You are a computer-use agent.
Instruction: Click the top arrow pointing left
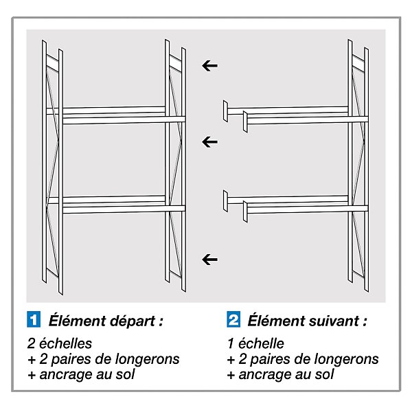coord(209,66)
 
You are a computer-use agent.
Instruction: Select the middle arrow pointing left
coord(209,142)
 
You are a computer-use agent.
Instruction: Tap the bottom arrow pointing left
coord(209,260)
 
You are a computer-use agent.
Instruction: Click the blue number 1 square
coord(34,319)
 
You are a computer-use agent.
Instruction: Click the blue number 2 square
coord(233,319)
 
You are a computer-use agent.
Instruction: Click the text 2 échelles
coord(60,343)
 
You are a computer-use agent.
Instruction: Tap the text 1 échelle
coord(255,343)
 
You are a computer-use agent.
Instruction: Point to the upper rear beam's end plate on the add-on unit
coord(225,111)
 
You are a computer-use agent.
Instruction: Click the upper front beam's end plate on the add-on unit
coord(245,122)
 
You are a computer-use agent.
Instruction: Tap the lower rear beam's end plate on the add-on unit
coord(225,201)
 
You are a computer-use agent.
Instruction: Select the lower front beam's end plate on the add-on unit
coord(245,211)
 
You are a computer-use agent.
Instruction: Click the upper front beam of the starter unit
coord(124,120)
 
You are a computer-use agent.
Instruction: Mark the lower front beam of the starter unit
coord(124,209)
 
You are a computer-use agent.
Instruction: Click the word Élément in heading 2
coord(275,320)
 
